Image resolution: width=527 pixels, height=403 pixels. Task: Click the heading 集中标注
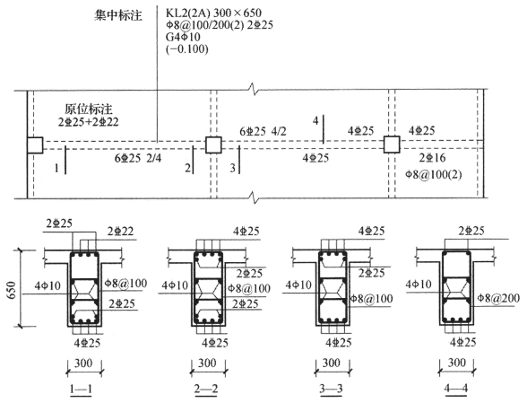coord(118,15)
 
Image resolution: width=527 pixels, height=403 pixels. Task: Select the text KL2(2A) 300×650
coord(213,13)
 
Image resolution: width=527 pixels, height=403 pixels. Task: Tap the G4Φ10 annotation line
coord(183,37)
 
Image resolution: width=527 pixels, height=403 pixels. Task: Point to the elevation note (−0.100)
coord(186,48)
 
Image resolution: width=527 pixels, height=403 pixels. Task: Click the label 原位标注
coord(89,110)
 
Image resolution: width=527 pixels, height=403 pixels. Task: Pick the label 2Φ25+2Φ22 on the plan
coord(89,121)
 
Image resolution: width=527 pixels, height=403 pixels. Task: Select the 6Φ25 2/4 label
coord(138,158)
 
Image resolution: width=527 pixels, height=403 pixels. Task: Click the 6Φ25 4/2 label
coord(263,131)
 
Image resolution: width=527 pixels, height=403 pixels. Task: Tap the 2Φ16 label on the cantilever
coord(432,157)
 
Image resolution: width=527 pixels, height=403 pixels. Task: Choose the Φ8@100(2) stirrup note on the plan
coord(434,174)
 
